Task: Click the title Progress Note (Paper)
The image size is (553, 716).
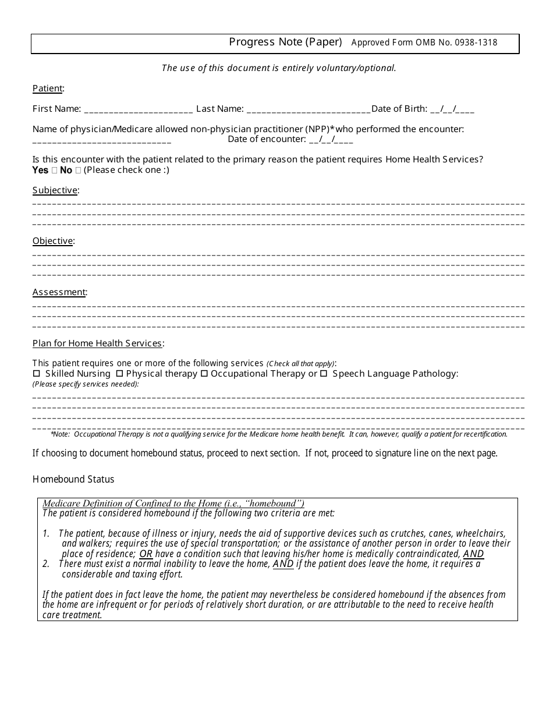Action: coord(285,42)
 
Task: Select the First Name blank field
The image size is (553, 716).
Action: coord(139,109)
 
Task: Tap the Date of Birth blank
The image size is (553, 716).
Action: coord(452,109)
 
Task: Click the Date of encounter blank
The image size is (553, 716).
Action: coord(331,140)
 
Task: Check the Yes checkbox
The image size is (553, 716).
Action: coord(55,171)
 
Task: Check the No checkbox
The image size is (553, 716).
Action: coord(78,171)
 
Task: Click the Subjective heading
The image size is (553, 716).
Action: coord(55,190)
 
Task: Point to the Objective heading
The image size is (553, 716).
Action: coord(52,241)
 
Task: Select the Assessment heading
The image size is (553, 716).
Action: coord(59,292)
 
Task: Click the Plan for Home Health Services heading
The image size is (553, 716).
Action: coord(97,343)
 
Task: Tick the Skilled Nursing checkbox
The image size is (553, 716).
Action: coord(37,374)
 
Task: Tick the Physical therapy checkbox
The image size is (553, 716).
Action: coord(119,374)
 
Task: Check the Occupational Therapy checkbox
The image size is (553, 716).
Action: coord(204,374)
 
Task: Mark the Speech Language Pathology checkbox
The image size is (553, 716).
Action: coord(324,374)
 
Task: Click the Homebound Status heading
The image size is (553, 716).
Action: coord(73,480)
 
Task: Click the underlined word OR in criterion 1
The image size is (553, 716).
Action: coord(146,554)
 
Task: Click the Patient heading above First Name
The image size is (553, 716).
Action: coord(47,88)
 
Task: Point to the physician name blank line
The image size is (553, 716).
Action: coord(102,140)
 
